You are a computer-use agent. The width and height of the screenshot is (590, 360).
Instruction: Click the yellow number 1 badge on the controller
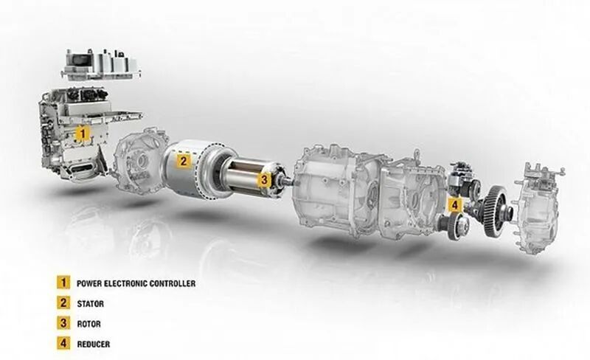tap(83, 134)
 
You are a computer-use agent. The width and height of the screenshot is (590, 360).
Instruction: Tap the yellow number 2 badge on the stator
tap(183, 161)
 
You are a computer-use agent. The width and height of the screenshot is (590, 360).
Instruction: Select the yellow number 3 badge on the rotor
tap(264, 180)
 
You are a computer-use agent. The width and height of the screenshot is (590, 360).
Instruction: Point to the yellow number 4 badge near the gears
tap(455, 205)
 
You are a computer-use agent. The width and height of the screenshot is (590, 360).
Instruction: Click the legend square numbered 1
tap(63, 283)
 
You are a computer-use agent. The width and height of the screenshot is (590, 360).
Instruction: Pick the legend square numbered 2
tap(63, 302)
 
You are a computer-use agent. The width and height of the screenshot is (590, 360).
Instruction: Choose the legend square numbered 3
tap(63, 323)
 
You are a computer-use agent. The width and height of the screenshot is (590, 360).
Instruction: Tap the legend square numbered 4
tap(63, 344)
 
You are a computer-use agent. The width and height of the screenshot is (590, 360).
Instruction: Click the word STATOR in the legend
tap(90, 304)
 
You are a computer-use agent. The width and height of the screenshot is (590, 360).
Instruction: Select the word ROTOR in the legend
tap(88, 324)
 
